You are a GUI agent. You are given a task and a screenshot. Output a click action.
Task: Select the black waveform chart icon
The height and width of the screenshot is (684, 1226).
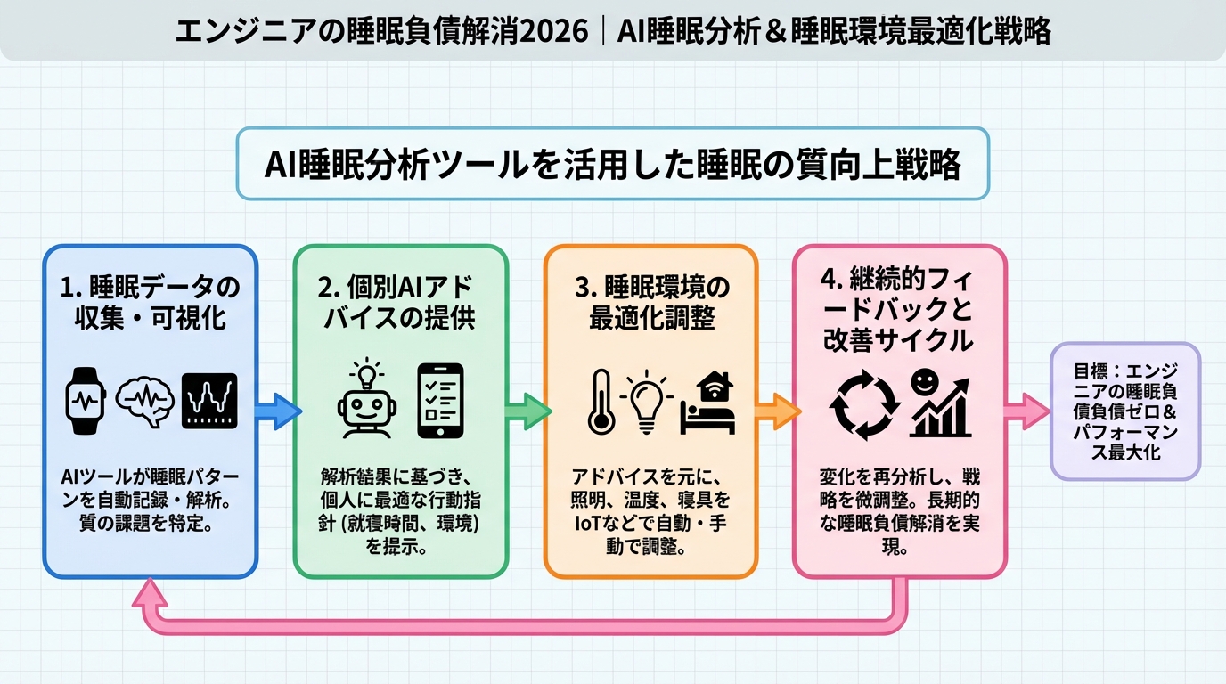click(209, 401)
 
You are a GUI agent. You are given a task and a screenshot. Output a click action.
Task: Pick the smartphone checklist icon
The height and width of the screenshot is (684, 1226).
click(441, 400)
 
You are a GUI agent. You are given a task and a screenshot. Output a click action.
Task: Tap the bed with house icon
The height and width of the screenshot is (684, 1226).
click(708, 402)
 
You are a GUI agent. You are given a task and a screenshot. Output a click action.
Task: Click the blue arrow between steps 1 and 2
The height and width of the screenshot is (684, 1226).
click(278, 411)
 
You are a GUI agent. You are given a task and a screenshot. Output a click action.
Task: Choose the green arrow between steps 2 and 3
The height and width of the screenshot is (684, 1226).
click(527, 411)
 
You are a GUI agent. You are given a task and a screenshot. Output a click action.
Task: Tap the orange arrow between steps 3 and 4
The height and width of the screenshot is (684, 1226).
click(777, 411)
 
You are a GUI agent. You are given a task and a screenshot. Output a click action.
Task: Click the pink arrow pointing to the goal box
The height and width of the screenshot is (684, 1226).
click(1027, 411)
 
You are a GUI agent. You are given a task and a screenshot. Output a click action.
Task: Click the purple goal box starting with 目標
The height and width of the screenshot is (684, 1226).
click(1124, 411)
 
